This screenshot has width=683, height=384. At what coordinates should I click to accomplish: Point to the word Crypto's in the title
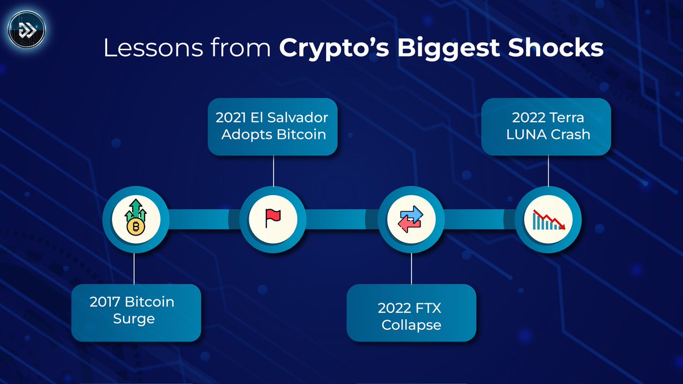click(334, 49)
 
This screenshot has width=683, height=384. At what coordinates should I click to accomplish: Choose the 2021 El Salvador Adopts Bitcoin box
click(272, 127)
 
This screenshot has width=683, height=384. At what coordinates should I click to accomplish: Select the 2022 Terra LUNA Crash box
click(546, 127)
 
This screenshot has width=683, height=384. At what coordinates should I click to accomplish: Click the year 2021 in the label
click(232, 118)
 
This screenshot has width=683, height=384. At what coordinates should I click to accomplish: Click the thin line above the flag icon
click(273, 171)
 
